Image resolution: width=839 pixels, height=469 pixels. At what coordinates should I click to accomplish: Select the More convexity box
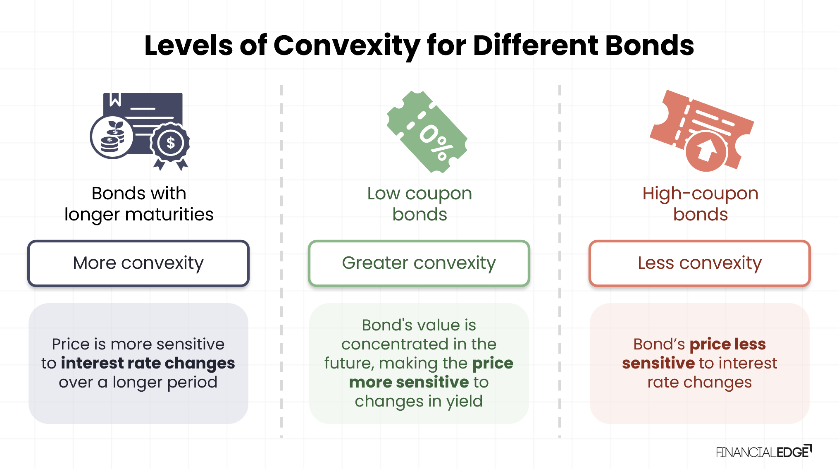click(138, 263)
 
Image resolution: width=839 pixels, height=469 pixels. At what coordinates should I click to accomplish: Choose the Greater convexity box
click(419, 263)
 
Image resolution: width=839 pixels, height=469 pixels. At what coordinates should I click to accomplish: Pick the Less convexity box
click(700, 263)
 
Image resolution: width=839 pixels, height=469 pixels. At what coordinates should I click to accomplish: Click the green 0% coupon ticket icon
click(427, 132)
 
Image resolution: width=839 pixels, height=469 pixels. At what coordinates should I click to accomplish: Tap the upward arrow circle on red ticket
click(706, 151)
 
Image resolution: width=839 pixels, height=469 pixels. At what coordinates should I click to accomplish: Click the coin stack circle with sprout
click(112, 136)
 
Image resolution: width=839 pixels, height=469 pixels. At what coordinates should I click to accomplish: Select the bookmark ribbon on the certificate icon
click(115, 100)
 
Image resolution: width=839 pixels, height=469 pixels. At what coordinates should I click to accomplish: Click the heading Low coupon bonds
click(419, 204)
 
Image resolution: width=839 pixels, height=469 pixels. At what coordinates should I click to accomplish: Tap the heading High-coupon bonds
click(701, 204)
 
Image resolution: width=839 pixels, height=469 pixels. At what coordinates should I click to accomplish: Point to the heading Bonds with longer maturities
click(139, 204)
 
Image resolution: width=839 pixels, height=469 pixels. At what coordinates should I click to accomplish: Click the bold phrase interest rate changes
click(148, 363)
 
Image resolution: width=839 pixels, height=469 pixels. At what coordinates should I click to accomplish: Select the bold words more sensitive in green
click(409, 382)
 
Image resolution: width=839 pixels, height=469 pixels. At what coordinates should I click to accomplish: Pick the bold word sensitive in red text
click(658, 363)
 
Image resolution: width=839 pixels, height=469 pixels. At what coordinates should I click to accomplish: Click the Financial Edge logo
click(764, 451)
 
